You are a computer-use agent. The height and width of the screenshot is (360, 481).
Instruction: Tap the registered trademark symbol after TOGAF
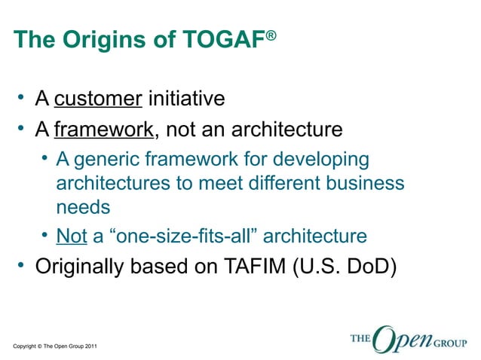pos(271,34)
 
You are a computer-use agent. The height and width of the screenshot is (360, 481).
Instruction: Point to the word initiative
pos(186,99)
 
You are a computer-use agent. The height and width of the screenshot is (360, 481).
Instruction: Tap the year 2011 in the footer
pos(89,346)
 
